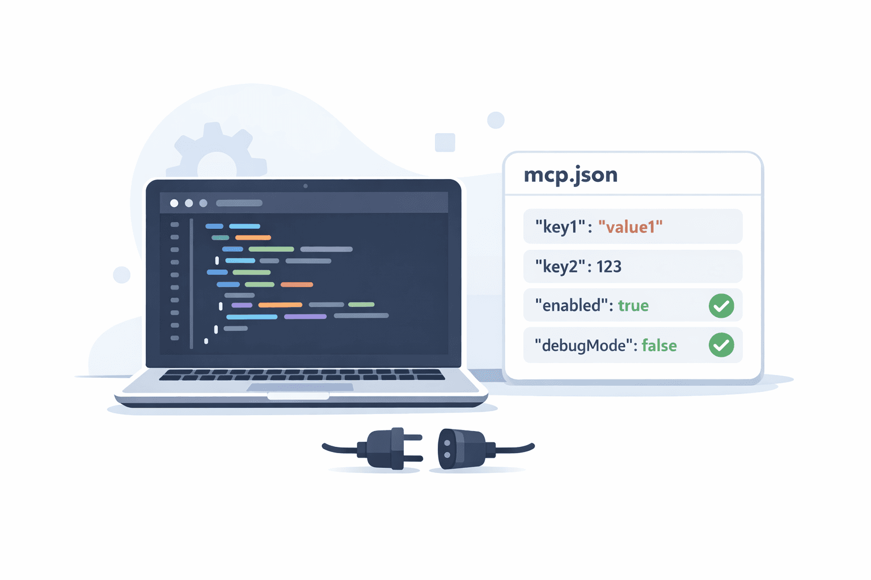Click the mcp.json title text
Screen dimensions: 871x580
(x=570, y=175)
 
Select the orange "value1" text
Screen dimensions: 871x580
(x=631, y=227)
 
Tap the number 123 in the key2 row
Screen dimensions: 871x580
(x=609, y=266)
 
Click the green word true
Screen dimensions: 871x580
(x=633, y=306)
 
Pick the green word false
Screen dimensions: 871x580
(x=659, y=346)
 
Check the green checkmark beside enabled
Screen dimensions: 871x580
(x=721, y=306)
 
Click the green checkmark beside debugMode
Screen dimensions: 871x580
(x=721, y=345)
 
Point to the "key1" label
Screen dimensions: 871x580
(x=560, y=227)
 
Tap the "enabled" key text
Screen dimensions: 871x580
(x=573, y=306)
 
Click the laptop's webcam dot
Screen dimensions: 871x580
(x=306, y=186)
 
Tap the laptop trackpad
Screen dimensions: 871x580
(x=300, y=387)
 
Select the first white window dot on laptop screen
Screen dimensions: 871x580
(x=174, y=203)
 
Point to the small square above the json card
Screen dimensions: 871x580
(x=445, y=142)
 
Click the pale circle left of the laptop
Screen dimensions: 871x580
(x=122, y=275)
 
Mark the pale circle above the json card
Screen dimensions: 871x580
(x=496, y=120)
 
